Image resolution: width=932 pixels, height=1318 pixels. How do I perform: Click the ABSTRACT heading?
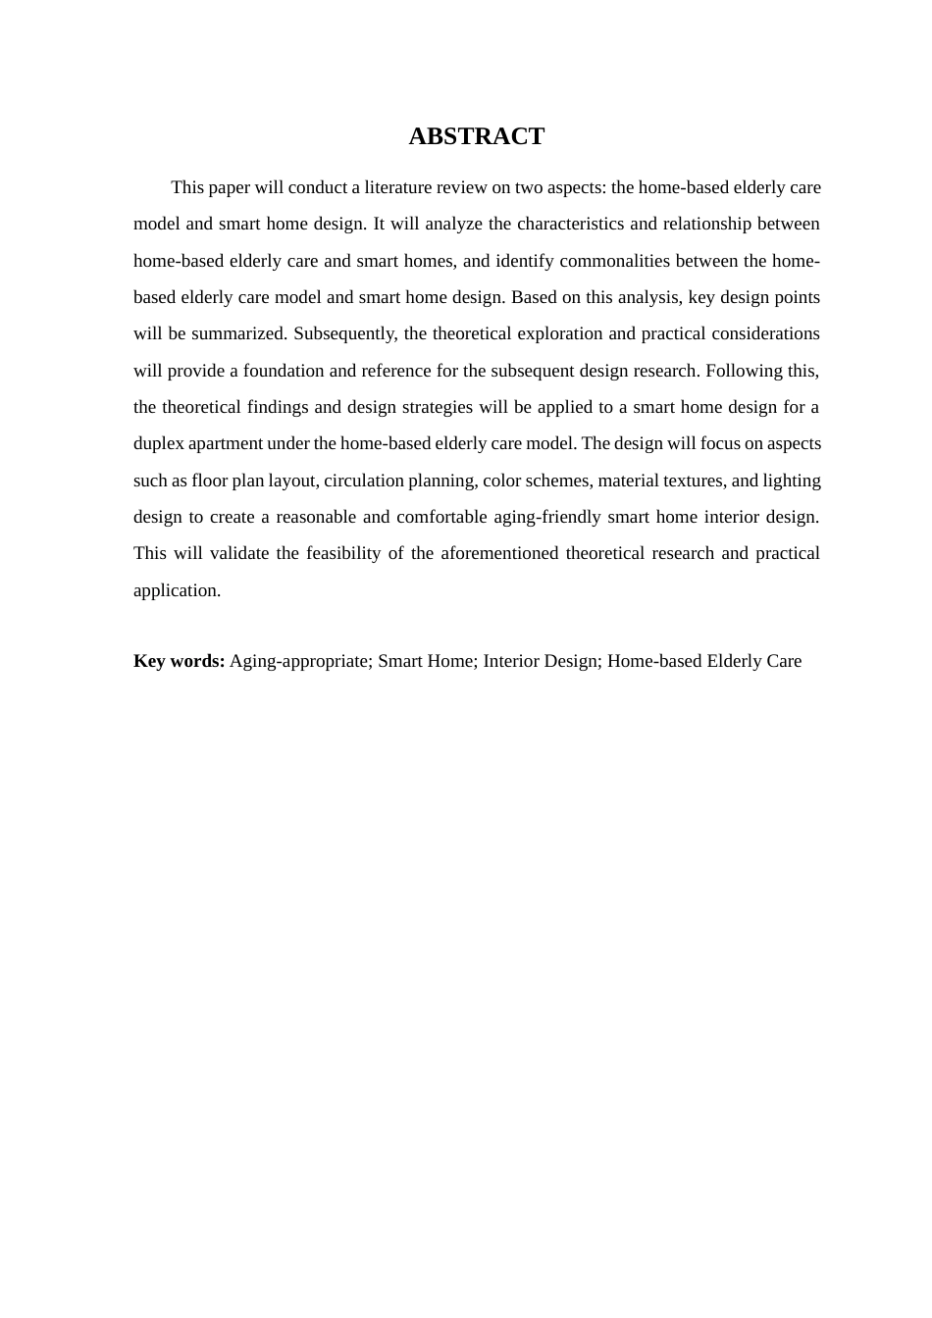(476, 136)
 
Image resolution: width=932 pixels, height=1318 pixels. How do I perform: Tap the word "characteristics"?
(571, 224)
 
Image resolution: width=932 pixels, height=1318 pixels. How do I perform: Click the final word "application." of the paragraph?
(177, 590)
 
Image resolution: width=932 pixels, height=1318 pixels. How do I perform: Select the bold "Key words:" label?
(179, 661)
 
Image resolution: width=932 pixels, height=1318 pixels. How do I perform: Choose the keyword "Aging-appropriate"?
(299, 661)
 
